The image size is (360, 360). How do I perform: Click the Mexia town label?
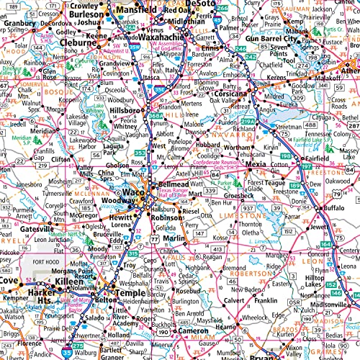257,165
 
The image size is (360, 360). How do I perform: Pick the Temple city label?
130,294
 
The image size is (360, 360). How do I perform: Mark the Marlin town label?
174,238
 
